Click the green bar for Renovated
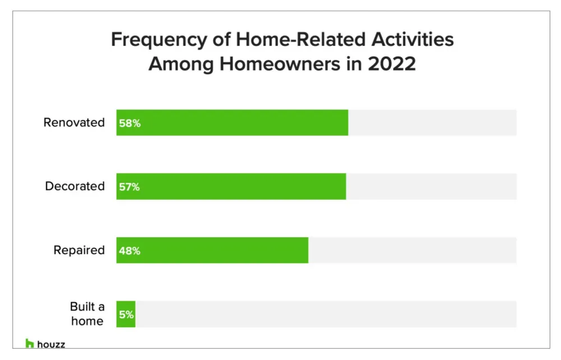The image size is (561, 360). tap(232, 123)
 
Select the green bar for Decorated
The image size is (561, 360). tap(231, 187)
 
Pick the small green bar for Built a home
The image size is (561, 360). tap(126, 315)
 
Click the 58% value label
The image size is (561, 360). tap(130, 123)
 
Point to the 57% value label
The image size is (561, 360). tap(130, 187)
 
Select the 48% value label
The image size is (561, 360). tap(130, 251)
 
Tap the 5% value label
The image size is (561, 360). tap(126, 315)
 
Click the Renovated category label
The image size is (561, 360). tap(74, 123)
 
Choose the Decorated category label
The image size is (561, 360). tap(75, 187)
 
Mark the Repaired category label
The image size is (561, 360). tap(79, 251)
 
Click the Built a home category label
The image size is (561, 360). tap(86, 314)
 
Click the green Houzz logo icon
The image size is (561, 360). tap(30, 344)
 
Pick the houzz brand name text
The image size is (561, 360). tap(51, 344)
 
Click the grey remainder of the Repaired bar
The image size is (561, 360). tap(412, 251)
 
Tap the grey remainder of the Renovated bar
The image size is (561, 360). tap(432, 123)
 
